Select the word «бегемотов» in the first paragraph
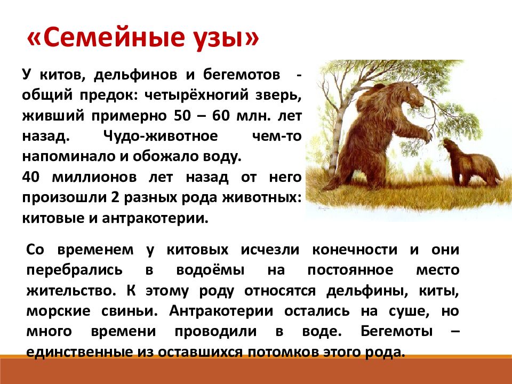(241, 75)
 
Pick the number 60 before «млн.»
(220, 116)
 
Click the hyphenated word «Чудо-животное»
(161, 136)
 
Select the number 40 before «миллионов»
(31, 177)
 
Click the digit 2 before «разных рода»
(115, 198)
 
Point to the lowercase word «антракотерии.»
(155, 219)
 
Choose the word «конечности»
(355, 250)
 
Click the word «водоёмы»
(210, 270)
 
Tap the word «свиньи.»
(129, 311)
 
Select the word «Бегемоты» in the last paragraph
(397, 331)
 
